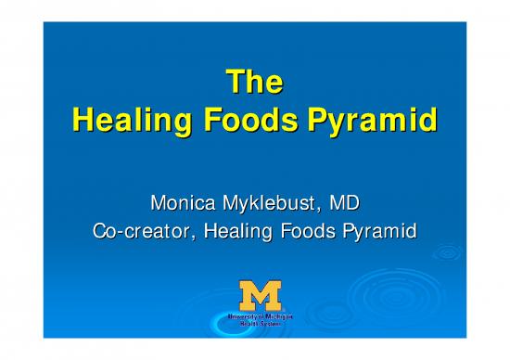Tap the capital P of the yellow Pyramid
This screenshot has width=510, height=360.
click(x=327, y=122)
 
